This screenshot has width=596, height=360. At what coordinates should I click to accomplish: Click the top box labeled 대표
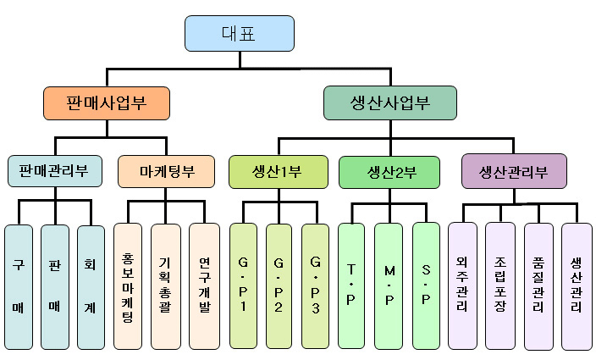(240, 34)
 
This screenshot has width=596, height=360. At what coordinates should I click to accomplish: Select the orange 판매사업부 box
(107, 104)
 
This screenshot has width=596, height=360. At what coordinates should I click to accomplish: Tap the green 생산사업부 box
(389, 104)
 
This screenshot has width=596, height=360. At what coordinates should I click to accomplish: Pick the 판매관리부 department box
(56, 171)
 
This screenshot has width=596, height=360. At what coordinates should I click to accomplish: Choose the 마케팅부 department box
(167, 171)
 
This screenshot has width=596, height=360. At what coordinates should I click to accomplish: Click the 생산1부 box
(277, 171)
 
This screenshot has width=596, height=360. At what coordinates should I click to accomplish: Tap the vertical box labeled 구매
(19, 286)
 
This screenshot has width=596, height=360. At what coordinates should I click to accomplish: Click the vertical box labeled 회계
(91, 286)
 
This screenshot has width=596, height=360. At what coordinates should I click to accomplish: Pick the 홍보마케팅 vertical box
(128, 286)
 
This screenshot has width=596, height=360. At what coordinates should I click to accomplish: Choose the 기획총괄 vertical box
(165, 286)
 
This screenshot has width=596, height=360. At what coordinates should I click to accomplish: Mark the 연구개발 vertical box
(204, 286)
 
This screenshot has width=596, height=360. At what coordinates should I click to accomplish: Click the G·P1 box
(243, 286)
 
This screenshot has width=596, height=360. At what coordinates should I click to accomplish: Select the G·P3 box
(316, 286)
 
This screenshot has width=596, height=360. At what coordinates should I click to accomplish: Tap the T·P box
(351, 286)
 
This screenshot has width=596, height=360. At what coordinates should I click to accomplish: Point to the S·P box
(426, 286)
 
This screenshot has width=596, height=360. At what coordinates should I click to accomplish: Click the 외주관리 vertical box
(462, 286)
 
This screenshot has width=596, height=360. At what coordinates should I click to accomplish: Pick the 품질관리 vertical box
(538, 286)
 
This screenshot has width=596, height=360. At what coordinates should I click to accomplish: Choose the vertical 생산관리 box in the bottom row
(576, 286)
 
